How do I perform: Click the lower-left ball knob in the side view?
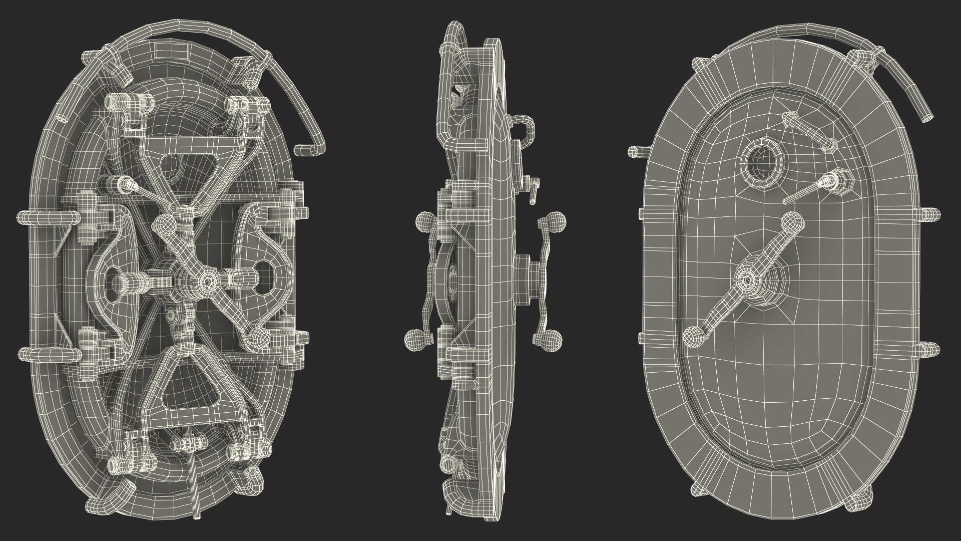click(x=414, y=340)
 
